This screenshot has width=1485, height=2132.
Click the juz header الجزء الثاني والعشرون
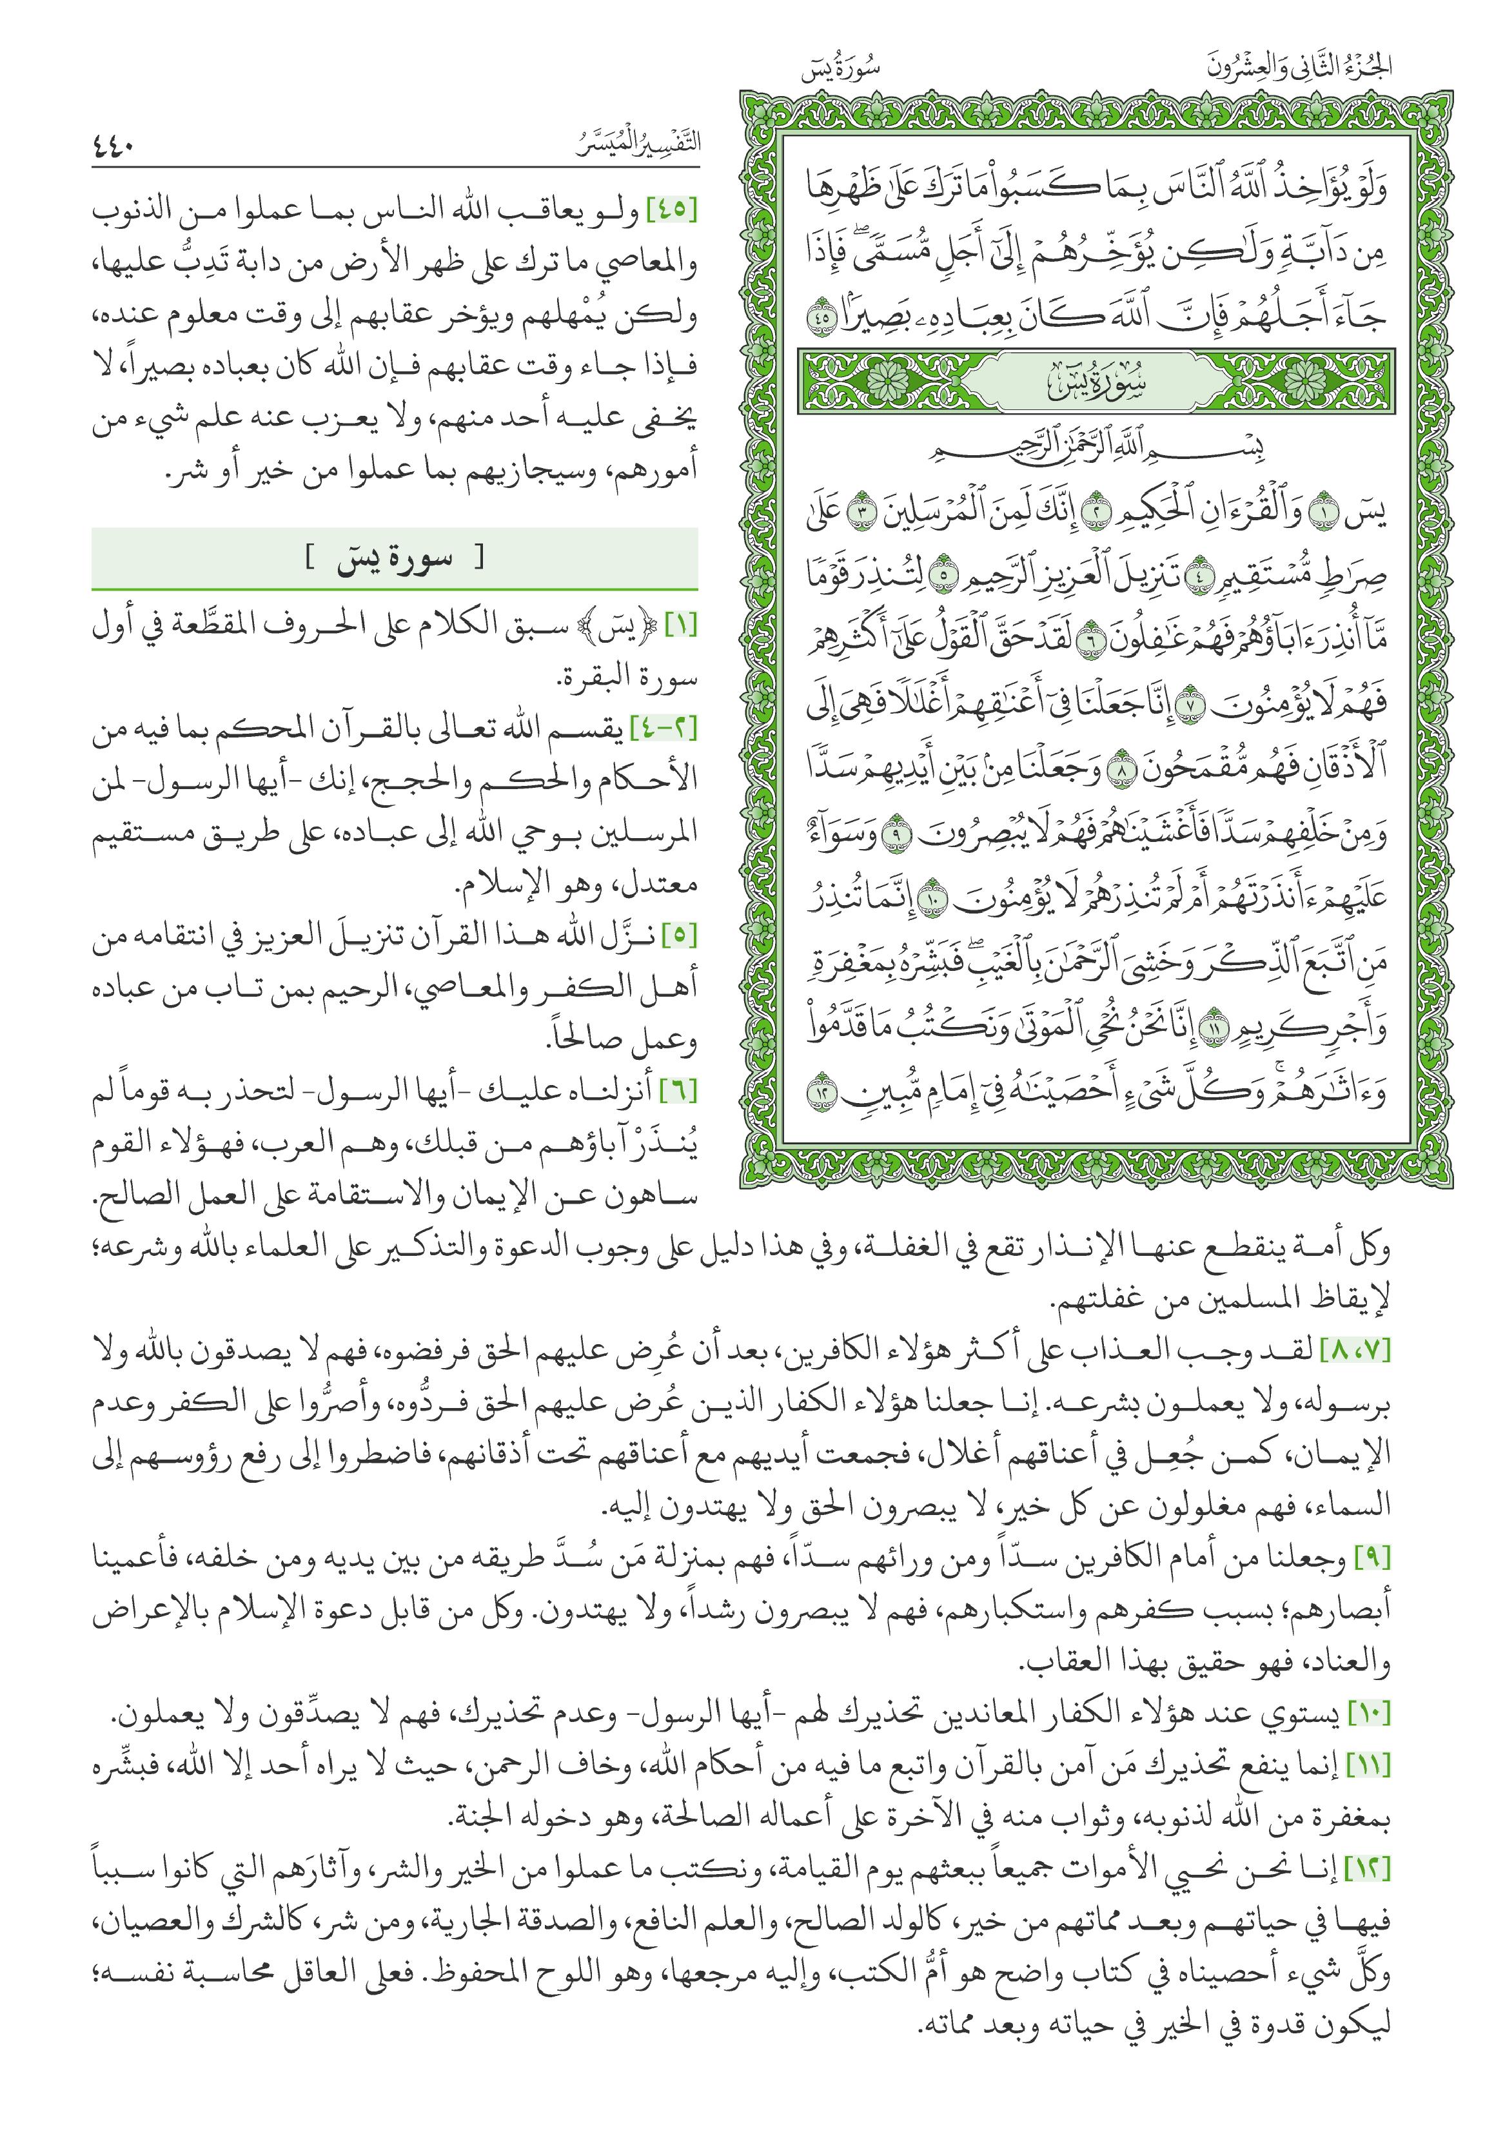(1299, 68)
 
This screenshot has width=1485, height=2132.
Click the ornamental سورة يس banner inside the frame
(1096, 382)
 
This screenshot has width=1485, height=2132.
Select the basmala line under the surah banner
(1097, 449)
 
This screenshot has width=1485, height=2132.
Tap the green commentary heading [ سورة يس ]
(395, 558)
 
